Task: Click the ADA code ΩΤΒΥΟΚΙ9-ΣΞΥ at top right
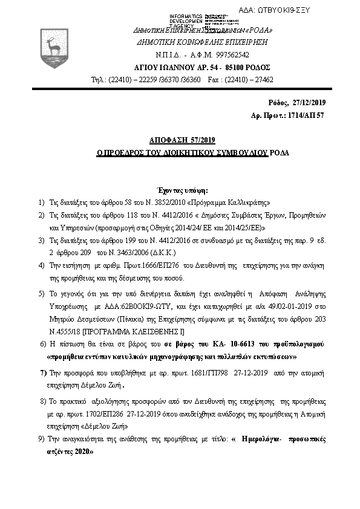tap(309, 11)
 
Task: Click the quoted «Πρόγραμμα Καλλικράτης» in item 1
tap(231, 203)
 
